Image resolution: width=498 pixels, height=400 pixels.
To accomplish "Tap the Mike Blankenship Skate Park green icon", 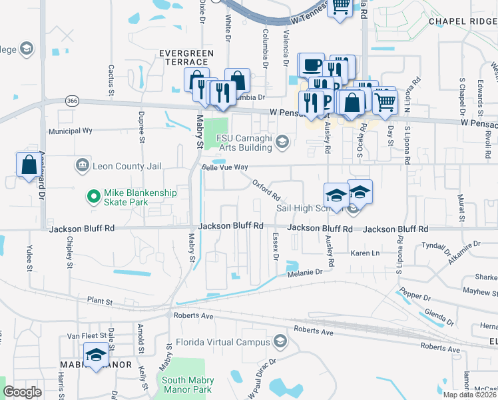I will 94,197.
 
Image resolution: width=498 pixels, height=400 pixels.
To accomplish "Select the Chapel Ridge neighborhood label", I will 463,21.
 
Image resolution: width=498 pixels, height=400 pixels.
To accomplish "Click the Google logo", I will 22,391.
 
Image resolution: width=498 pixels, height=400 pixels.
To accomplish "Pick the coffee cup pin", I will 311,65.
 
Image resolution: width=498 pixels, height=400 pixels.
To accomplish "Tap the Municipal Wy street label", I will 73,131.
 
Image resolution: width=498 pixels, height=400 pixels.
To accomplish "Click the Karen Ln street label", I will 365,253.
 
